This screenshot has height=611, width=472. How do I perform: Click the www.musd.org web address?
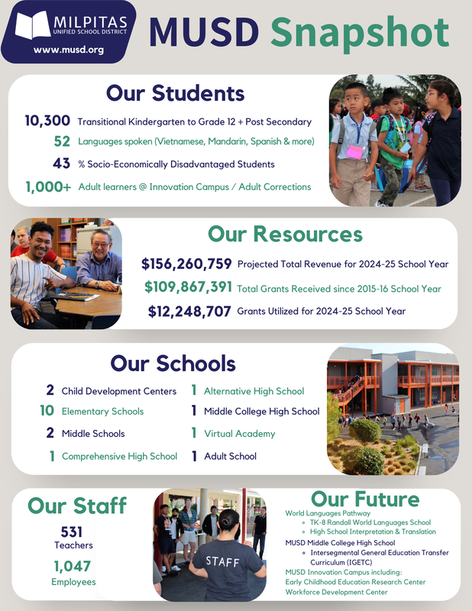[69, 50]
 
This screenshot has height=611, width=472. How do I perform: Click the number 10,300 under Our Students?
[47, 121]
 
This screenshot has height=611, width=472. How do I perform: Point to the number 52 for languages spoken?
[63, 141]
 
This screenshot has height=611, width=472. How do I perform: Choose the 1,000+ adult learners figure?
[48, 186]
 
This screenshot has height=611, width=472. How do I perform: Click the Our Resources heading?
[285, 234]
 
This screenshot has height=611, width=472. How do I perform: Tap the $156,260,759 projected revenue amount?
[186, 264]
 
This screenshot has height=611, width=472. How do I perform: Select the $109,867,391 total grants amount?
[188, 288]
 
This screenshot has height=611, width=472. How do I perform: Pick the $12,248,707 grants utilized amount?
[189, 311]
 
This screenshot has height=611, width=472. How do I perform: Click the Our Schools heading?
[173, 363]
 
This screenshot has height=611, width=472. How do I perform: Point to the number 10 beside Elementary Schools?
[47, 411]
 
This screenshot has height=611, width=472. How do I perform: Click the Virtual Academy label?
[239, 434]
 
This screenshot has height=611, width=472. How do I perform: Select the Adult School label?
[230, 456]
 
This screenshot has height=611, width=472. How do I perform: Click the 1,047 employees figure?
[72, 566]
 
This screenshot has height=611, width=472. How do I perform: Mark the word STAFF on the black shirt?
[225, 561]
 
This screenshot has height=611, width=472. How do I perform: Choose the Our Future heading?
[365, 499]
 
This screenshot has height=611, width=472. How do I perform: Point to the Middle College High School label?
[261, 411]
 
